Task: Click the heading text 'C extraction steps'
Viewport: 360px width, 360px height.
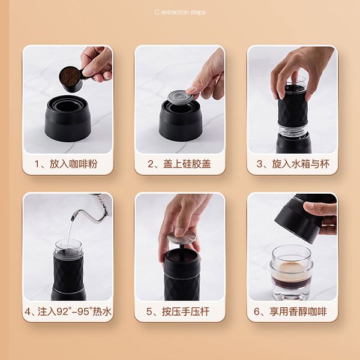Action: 180,11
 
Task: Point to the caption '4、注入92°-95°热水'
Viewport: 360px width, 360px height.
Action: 67,312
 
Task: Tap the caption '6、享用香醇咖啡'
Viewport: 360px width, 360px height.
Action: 292,312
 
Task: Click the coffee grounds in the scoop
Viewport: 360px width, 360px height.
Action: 70,76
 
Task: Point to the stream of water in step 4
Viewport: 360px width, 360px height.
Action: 70,231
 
